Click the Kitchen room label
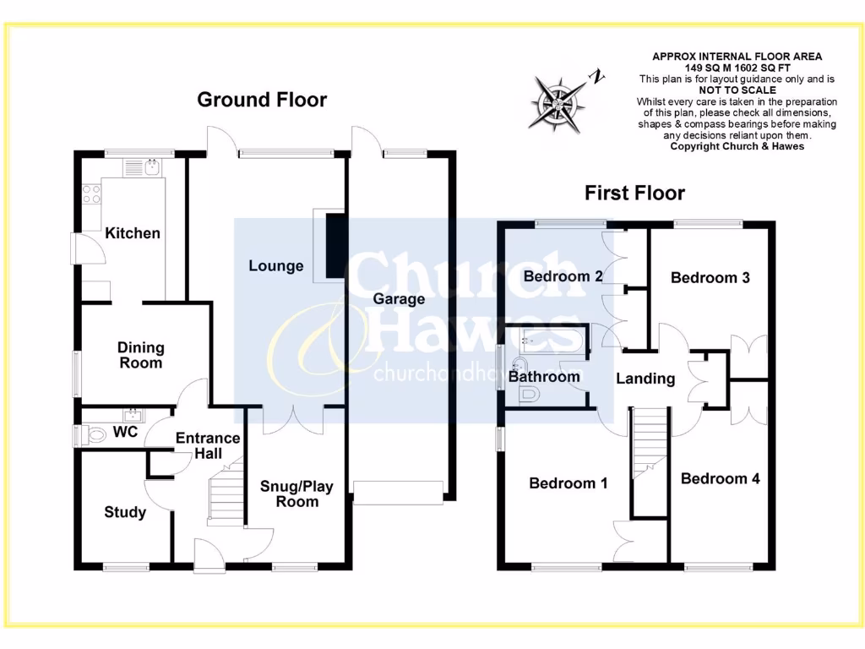[133, 233]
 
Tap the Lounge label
[275, 266]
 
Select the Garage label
[399, 299]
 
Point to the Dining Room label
[141, 355]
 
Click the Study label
[125, 512]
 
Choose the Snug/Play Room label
[296, 494]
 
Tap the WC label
[125, 432]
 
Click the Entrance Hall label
[208, 446]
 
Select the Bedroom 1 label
[569, 483]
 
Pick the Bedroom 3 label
[710, 277]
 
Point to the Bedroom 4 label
[721, 478]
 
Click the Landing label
[645, 379]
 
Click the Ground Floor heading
[262, 100]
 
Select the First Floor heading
[635, 194]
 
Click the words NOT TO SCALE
[737, 90]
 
